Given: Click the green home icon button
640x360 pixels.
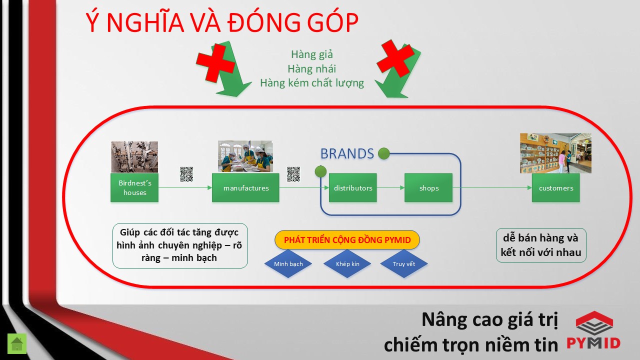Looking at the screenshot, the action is [17, 343].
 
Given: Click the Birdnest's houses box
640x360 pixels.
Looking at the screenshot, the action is [134, 187].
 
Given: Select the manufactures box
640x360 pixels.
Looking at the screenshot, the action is [245, 187].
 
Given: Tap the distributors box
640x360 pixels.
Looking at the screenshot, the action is [353, 187].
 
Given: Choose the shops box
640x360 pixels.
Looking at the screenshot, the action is [428, 187].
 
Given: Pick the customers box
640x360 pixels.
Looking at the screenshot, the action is [556, 187].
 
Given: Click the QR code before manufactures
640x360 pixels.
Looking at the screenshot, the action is [186, 174].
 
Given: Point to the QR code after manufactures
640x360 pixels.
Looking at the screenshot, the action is [293, 174].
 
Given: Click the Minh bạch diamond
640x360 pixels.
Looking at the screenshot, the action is [288, 263].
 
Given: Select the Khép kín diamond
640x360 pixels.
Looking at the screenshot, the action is [347, 263].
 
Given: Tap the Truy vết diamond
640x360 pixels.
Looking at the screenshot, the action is [404, 263].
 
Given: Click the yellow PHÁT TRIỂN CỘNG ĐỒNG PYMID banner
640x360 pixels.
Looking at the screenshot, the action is [347, 239].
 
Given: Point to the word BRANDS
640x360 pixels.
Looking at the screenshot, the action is [347, 153].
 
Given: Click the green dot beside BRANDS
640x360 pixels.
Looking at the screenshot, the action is [383, 153].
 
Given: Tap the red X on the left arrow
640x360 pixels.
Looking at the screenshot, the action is [215, 63].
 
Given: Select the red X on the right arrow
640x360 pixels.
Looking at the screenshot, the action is [395, 58].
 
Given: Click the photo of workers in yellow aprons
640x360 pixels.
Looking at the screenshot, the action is [245, 156].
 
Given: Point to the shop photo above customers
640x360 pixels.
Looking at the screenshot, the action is [555, 153].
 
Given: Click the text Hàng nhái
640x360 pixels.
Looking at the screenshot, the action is [311, 69].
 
